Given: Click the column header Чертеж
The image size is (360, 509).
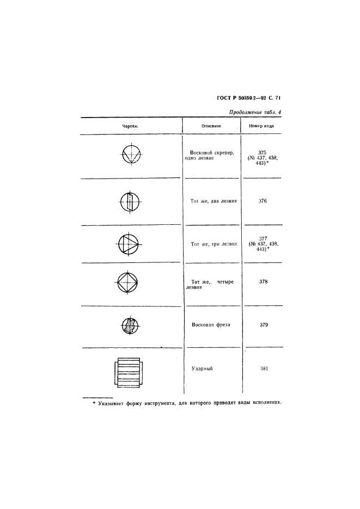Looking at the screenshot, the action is [130, 126].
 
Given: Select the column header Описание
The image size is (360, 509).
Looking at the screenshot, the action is [211, 126].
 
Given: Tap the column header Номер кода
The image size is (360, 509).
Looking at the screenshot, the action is [261, 126].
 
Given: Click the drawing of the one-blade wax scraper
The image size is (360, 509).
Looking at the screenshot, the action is [131, 154].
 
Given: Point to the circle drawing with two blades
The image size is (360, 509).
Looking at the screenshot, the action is [130, 201].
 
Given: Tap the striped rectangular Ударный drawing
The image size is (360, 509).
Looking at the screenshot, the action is [129, 373].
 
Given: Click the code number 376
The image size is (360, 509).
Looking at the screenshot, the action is [263, 201].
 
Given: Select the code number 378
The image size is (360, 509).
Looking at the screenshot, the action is [263, 281].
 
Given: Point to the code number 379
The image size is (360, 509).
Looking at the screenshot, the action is [264, 324].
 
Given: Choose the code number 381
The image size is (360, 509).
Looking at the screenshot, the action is [264, 369].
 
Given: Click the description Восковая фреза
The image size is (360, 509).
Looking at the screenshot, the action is [211, 324].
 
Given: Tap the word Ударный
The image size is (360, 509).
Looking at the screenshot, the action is [202, 369].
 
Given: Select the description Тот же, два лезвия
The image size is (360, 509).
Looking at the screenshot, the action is [213, 201].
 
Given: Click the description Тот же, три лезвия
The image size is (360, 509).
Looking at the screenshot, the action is [214, 244].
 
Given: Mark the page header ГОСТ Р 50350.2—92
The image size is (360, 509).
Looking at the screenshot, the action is [239, 97].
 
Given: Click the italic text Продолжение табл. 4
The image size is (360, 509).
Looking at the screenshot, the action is [255, 112].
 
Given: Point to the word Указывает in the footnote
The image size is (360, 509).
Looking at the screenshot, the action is [110, 403].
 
